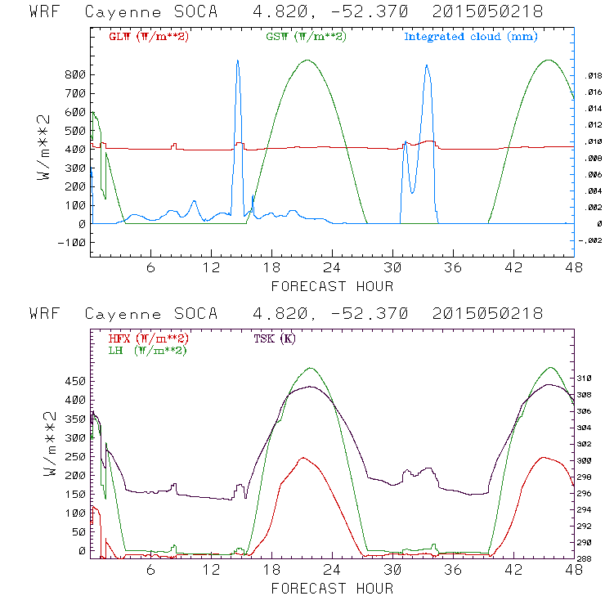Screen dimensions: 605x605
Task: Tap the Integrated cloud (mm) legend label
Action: pos(470,37)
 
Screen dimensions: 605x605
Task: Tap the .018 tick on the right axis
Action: pos(593,75)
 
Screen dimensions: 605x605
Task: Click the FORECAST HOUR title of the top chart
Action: pos(332,286)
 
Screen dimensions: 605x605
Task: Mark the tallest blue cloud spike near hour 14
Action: pos(237,61)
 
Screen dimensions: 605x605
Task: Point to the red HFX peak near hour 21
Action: pos(303,458)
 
